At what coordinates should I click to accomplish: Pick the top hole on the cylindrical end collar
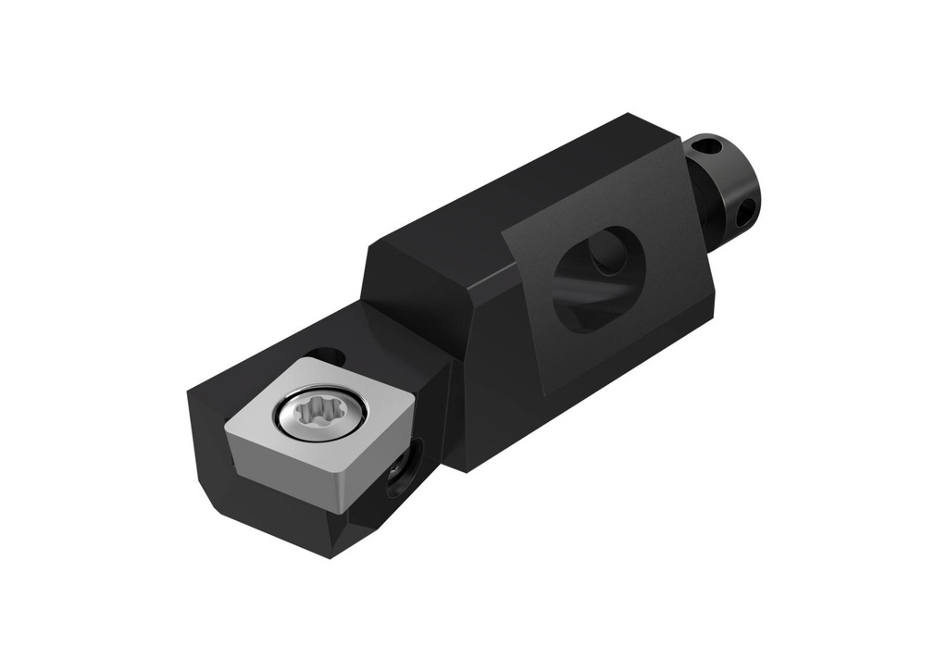coord(706,145)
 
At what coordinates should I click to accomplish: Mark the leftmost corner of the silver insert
coord(225,428)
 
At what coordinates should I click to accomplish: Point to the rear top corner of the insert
coord(298,357)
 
